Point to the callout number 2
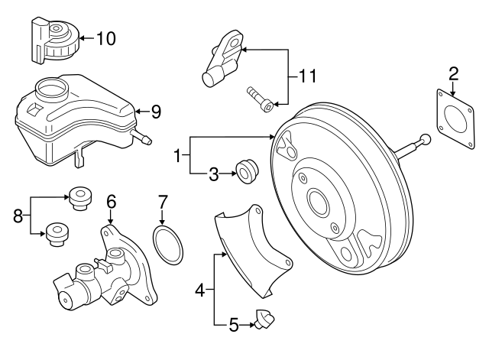(453, 74)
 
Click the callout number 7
(161, 203)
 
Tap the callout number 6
(111, 202)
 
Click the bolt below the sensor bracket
(256, 99)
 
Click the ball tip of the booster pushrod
(424, 139)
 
